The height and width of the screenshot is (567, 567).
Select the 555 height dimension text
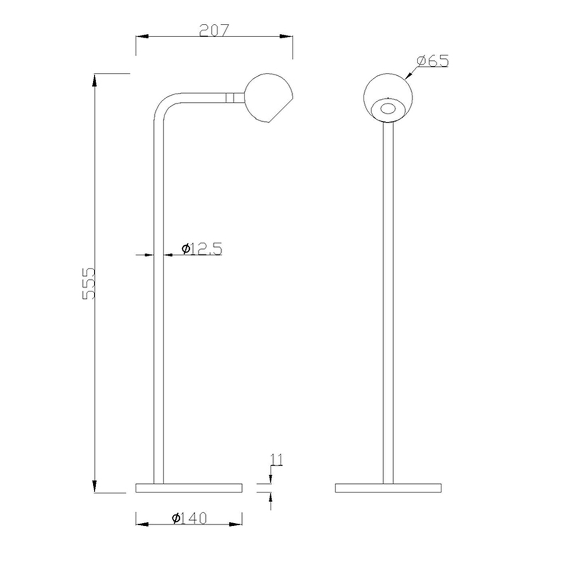[89, 284]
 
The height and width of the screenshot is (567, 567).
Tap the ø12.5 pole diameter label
[202, 249]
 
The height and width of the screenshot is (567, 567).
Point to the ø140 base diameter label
[189, 518]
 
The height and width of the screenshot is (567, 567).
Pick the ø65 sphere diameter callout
[433, 61]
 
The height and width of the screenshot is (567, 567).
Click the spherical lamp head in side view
[269, 97]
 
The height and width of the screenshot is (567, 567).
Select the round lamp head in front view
[388, 97]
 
